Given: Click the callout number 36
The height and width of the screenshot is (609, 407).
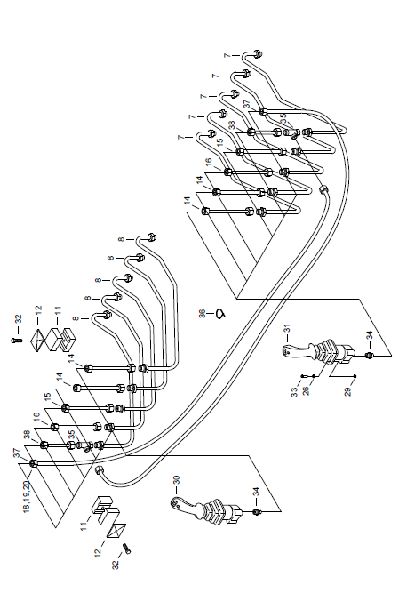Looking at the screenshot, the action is click(x=203, y=314).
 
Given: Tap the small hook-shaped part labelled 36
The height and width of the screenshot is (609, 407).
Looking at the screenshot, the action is click(x=220, y=314).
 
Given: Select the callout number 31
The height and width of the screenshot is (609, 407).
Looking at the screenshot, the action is click(x=288, y=329).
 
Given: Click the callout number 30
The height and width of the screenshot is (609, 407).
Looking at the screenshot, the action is click(x=177, y=480).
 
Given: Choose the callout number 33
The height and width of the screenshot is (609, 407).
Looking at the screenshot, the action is click(x=295, y=392).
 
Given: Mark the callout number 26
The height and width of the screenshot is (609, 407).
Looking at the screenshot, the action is click(x=306, y=390).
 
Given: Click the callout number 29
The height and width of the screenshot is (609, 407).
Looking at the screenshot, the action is click(x=348, y=391).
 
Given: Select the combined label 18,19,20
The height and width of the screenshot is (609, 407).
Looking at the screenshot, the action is click(x=27, y=497).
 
